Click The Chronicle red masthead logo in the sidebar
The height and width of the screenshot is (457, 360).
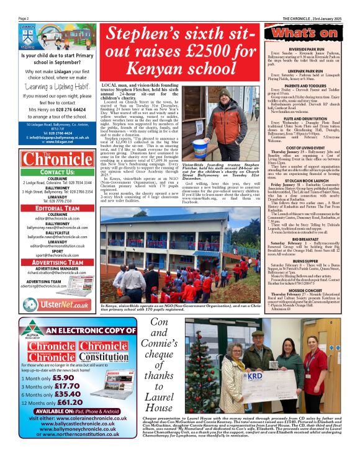(52, 159)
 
